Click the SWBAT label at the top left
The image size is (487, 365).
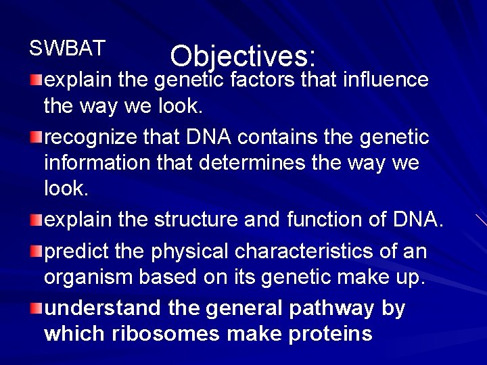tap(67, 48)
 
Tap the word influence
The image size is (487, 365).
tap(386, 80)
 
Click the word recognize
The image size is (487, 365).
tap(89, 138)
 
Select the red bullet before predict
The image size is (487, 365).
tap(37, 251)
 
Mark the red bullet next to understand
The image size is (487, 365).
tap(37, 308)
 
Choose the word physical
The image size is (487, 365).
tap(191, 251)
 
